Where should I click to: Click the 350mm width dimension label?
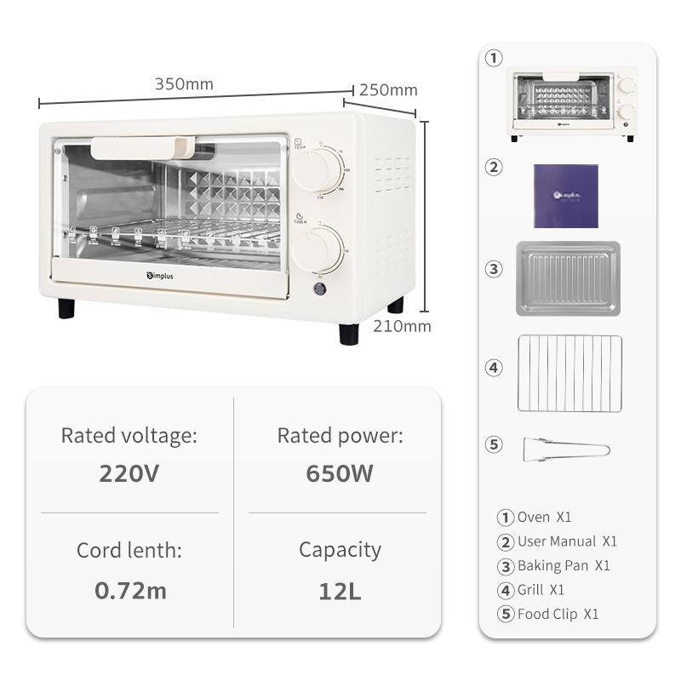click(184, 84)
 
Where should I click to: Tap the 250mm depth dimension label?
click(388, 89)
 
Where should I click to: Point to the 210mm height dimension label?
click(403, 326)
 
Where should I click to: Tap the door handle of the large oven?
click(141, 149)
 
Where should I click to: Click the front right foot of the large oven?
click(347, 335)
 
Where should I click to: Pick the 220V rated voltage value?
click(129, 474)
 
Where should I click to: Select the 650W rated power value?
click(340, 474)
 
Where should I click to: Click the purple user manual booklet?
click(566, 196)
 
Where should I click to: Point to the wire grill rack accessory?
click(569, 373)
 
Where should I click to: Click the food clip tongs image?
click(566, 449)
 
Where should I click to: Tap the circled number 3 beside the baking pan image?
click(494, 269)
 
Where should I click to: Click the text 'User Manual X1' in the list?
click(567, 541)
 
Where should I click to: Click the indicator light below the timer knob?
click(319, 290)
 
